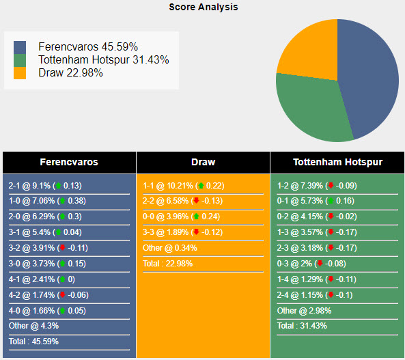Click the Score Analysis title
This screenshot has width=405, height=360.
pyautogui.click(x=204, y=7)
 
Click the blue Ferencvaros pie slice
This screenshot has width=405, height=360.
pyautogui.click(x=369, y=75)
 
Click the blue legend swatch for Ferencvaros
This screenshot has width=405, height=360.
pyautogui.click(x=20, y=47)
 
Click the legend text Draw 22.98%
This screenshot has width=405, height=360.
pyautogui.click(x=70, y=73)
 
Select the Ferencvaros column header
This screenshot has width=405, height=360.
pyautogui.click(x=69, y=163)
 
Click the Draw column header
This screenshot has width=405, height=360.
pyautogui.click(x=203, y=163)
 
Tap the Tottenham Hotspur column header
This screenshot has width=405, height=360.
pyautogui.click(x=337, y=163)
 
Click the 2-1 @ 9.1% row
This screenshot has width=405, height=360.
pyautogui.click(x=45, y=186)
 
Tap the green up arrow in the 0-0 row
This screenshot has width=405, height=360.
pyautogui.click(x=196, y=217)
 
